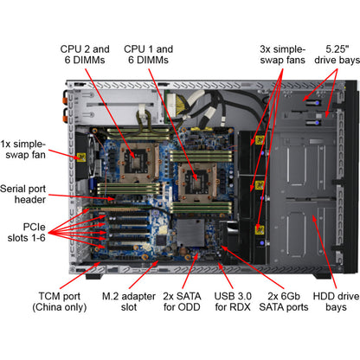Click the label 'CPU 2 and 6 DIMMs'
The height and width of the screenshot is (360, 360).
[85, 55]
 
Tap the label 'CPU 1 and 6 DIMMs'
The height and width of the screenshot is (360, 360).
[148, 55]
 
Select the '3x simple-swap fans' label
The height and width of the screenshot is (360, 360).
[282, 55]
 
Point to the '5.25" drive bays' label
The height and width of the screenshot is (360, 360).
[337, 55]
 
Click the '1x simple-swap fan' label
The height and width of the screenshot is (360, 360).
[23, 149]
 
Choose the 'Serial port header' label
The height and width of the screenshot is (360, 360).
[23, 194]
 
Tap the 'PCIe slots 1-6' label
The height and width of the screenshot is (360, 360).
[26, 232]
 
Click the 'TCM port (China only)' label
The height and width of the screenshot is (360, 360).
[60, 301]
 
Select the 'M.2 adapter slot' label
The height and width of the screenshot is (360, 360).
[129, 301]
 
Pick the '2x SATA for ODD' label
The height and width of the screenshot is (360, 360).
[182, 301]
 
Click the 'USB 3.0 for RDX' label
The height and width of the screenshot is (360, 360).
[233, 301]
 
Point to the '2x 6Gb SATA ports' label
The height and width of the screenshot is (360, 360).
[284, 301]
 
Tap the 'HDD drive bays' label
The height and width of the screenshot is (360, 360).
[336, 301]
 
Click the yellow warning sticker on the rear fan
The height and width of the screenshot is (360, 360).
[81, 157]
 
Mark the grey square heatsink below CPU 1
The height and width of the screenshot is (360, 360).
[190, 233]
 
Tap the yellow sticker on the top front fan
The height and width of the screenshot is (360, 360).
[260, 140]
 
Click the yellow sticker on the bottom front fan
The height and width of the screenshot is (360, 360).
[260, 229]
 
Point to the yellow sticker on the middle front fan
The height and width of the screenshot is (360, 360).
[260, 185]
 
